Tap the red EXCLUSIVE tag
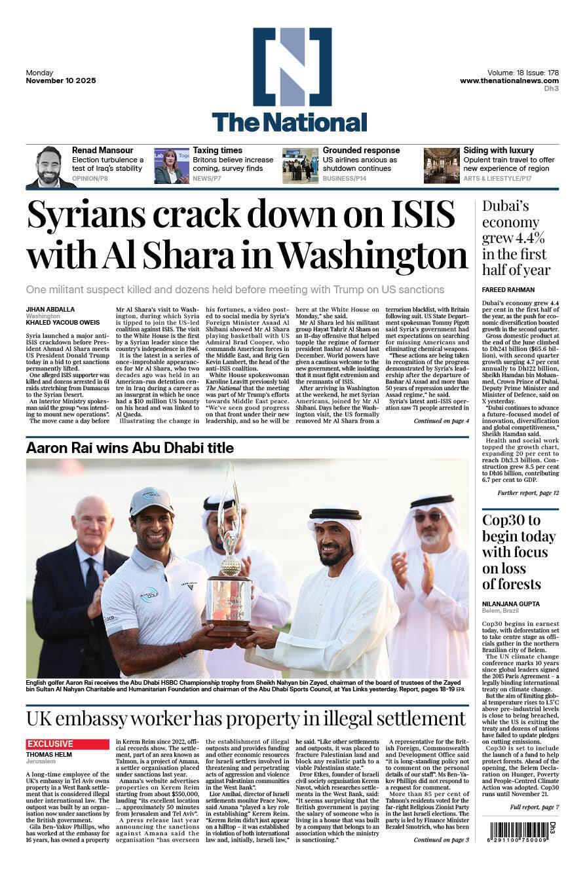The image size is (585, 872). pyautogui.click(x=67, y=744)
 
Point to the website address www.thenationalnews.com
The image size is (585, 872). pyautogui.click(x=509, y=81)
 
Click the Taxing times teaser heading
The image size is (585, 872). pyautogui.click(x=217, y=151)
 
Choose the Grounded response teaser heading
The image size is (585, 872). pyautogui.click(x=361, y=151)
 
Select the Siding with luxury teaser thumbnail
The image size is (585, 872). pyautogui.click(x=441, y=166)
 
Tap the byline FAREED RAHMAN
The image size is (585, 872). pyautogui.click(x=508, y=289)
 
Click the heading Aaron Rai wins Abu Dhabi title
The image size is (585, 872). pyautogui.click(x=130, y=448)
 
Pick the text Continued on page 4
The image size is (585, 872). pyautogui.click(x=441, y=421)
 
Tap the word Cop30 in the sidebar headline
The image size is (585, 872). pyautogui.click(x=502, y=521)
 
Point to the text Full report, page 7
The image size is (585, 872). pyautogui.click(x=535, y=807)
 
